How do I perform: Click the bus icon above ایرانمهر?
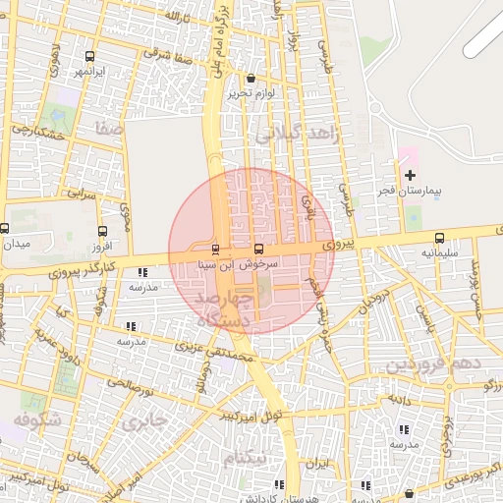pos(91,56)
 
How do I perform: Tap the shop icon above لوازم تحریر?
pos(251,78)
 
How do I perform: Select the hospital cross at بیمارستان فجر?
pos(410,174)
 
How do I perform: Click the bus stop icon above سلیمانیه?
pos(439,237)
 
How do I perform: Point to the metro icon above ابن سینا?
pos(215,249)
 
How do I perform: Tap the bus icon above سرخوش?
pos(258,249)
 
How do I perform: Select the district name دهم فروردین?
pos(432,364)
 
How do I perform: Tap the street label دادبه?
pos(398,399)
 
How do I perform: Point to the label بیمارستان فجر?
pos(408,190)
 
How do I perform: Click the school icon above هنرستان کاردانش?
pos(280,484)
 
